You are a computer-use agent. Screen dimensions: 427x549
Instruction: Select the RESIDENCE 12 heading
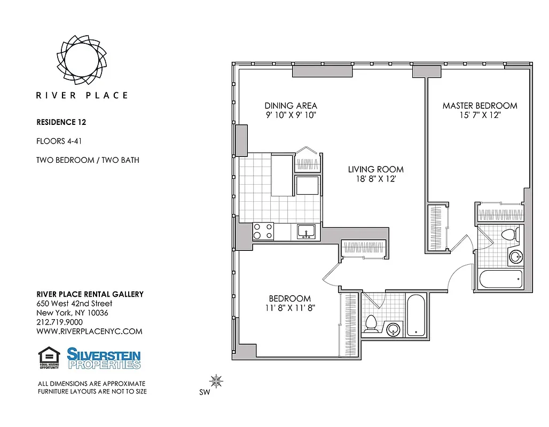tap(61, 122)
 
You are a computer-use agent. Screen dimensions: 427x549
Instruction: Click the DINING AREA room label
tap(291, 106)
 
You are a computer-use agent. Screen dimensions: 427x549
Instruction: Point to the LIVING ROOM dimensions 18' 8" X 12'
tap(375, 179)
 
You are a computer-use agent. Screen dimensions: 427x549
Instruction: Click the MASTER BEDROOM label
tap(480, 106)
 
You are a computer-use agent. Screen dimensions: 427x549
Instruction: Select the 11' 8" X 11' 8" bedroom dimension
tap(289, 308)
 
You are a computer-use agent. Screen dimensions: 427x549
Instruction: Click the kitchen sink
tap(306, 232)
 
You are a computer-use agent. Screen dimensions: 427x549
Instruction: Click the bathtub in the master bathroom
tap(500, 279)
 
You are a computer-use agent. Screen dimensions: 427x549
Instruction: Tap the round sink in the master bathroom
tap(515, 257)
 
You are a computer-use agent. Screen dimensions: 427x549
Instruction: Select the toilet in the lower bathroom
tap(371, 323)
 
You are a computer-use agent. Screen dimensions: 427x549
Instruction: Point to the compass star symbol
tap(216, 381)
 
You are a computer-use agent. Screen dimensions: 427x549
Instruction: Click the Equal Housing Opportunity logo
tap(49, 358)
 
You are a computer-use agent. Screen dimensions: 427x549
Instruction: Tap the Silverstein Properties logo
tap(104, 358)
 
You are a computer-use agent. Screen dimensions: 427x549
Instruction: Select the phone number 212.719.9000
tap(59, 322)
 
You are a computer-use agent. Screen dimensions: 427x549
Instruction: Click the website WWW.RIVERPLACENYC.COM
tap(89, 331)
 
